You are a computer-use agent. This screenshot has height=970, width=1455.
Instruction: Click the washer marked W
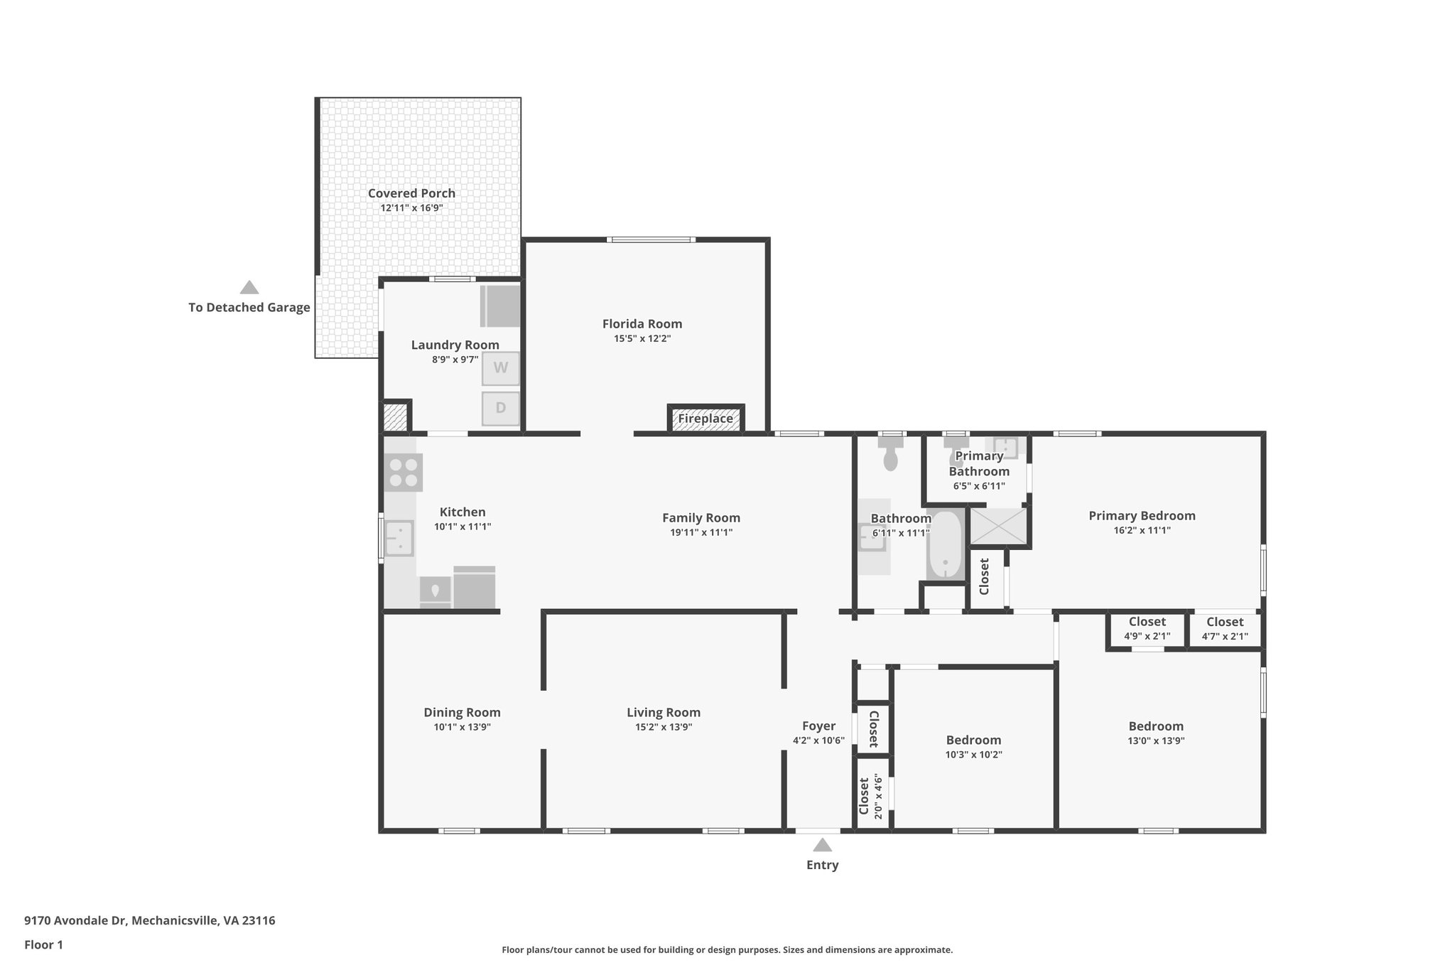click(x=501, y=368)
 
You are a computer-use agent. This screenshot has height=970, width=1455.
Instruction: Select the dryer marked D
click(x=501, y=409)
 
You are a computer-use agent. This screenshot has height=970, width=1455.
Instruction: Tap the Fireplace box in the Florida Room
click(x=705, y=419)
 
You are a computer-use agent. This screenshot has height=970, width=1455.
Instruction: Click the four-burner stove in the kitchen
click(x=403, y=473)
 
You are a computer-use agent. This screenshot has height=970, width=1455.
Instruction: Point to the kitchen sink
click(x=400, y=538)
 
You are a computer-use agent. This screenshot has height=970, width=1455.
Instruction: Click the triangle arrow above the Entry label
click(x=822, y=845)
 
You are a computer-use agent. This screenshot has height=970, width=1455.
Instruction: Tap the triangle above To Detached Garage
click(x=249, y=287)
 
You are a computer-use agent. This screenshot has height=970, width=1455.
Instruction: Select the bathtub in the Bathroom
click(x=946, y=544)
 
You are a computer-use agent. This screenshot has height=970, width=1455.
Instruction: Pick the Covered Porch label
click(x=411, y=193)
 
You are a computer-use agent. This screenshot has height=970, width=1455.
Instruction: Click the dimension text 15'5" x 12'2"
click(x=642, y=339)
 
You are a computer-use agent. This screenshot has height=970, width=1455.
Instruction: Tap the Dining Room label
click(x=462, y=713)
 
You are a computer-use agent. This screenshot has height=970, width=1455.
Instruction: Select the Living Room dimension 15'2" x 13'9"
click(x=664, y=727)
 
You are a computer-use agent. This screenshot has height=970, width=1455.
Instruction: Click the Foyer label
click(x=818, y=726)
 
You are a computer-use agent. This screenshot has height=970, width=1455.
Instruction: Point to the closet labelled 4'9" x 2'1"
click(x=1147, y=630)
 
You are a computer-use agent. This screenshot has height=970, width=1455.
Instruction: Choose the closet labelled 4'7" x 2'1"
click(x=1225, y=630)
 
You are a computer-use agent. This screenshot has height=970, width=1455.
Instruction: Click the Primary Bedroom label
click(x=1142, y=516)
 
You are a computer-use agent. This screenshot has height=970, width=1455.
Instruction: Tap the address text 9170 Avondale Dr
click(x=75, y=921)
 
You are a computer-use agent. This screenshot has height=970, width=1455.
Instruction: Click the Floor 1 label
click(x=43, y=945)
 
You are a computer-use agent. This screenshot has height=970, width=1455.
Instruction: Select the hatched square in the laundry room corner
click(x=394, y=417)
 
